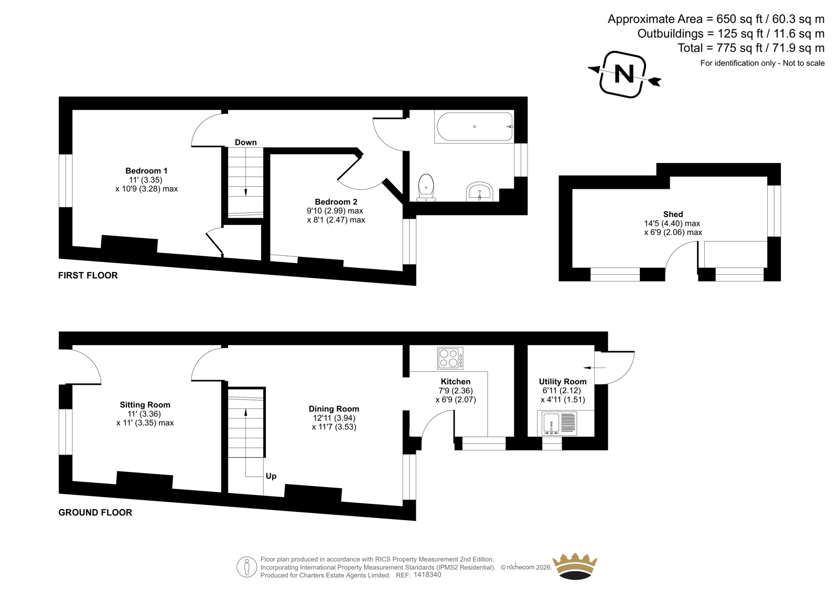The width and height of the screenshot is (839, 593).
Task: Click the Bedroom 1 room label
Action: click(x=146, y=171)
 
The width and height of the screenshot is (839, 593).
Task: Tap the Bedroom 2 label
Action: click(x=336, y=202)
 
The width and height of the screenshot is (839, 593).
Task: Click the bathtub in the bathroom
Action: click(x=474, y=126)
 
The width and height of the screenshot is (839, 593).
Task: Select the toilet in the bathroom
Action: click(x=426, y=188)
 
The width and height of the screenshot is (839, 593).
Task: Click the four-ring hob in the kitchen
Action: click(x=450, y=358)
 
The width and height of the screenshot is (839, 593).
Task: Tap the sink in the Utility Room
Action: click(x=557, y=423)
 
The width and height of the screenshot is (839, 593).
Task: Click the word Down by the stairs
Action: click(x=246, y=142)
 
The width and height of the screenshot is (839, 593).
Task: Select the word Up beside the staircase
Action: click(x=271, y=476)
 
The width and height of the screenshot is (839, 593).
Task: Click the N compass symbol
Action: click(x=624, y=74)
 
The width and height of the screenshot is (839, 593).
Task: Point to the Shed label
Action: click(x=673, y=214)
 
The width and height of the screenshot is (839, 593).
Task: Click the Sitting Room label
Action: click(x=145, y=405)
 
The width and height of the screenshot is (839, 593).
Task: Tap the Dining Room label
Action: click(x=334, y=409)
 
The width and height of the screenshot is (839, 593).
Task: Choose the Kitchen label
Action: click(x=456, y=382)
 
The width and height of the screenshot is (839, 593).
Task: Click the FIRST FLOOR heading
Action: click(x=88, y=275)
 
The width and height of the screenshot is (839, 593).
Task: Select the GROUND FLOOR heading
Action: click(x=95, y=512)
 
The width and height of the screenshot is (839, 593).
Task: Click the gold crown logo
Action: click(x=575, y=566)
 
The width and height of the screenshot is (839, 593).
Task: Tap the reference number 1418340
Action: click(x=427, y=575)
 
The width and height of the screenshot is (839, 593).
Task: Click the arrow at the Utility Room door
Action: click(x=595, y=368)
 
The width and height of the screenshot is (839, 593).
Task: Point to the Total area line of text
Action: click(x=751, y=48)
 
